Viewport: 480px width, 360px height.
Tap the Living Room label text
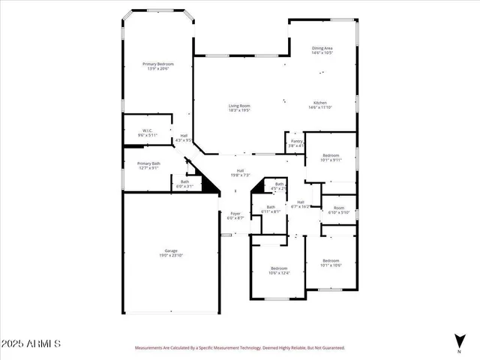(x=239, y=108)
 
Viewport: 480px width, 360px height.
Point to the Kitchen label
(x=320, y=105)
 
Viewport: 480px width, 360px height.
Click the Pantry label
(x=296, y=142)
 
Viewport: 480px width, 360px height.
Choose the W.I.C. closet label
(x=147, y=133)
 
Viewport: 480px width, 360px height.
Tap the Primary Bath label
(x=148, y=165)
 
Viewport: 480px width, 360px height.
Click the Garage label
(x=171, y=253)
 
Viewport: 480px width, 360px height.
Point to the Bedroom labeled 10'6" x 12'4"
(x=279, y=270)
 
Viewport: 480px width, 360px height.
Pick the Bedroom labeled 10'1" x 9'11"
(x=331, y=157)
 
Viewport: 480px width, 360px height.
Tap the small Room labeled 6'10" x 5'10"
(x=339, y=210)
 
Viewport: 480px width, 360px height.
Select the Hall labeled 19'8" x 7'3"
(x=240, y=172)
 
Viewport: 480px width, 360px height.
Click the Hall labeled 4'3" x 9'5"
(x=184, y=138)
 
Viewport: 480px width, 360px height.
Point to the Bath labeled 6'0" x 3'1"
(x=184, y=183)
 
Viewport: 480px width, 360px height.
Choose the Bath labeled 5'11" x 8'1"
(x=270, y=209)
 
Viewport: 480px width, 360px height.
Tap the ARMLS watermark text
(x=31, y=343)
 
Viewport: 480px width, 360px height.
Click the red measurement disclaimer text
(x=239, y=348)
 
